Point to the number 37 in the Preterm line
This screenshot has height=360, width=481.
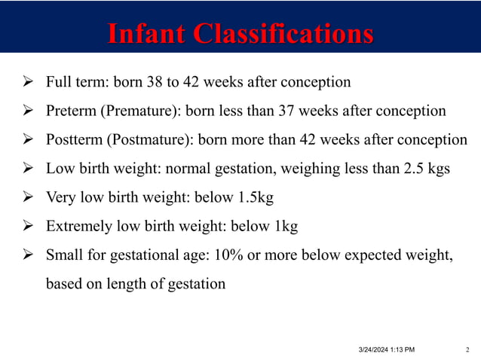pyautogui.click(x=312, y=111)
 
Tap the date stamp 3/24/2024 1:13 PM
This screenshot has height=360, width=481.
pyautogui.click(x=385, y=349)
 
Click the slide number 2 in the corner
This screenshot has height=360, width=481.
pyautogui.click(x=468, y=349)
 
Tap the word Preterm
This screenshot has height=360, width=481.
pyautogui.click(x=69, y=111)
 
